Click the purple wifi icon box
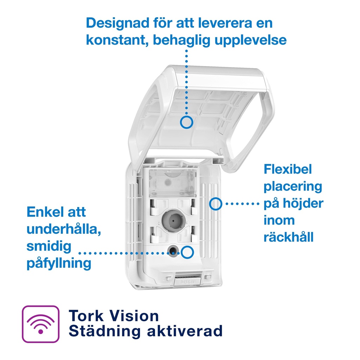(x=41, y=324)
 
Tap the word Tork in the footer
(x=86, y=316)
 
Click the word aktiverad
(x=185, y=331)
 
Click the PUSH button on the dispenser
(x=188, y=281)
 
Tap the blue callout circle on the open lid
(x=186, y=122)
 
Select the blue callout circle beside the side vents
(x=216, y=204)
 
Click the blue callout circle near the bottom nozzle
(x=187, y=252)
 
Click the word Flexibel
(x=288, y=169)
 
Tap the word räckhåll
(x=288, y=237)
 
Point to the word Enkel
(x=44, y=212)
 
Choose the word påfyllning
(x=59, y=263)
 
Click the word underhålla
(x=64, y=229)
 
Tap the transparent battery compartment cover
(x=173, y=183)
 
